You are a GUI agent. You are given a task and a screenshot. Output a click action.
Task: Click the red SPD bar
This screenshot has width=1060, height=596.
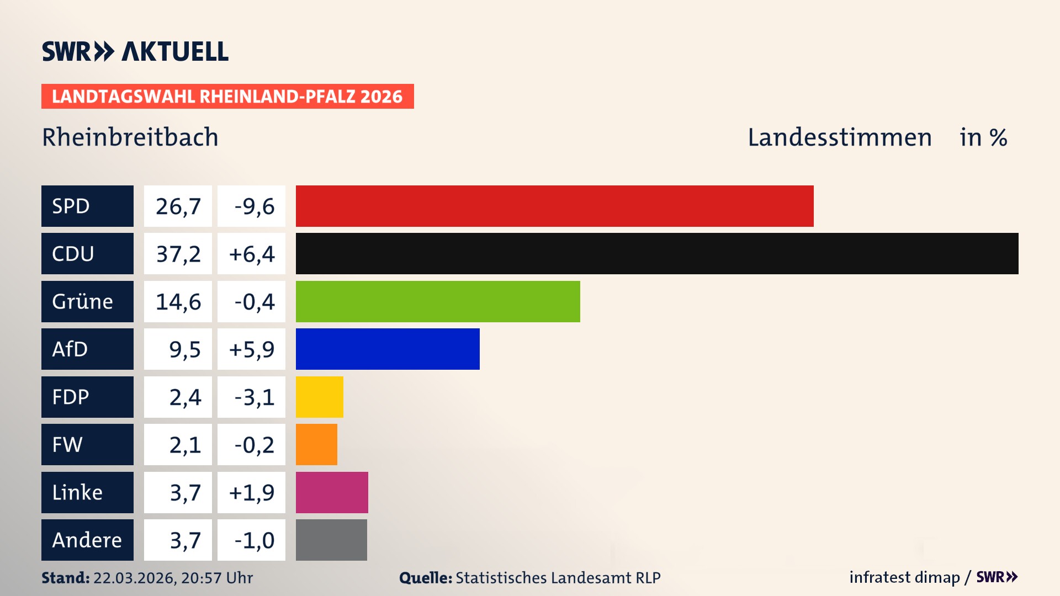pos(554,206)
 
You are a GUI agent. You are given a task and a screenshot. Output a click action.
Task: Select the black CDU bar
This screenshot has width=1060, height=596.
pos(657,253)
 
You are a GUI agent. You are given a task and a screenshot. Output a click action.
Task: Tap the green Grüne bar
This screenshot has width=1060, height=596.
pos(438,301)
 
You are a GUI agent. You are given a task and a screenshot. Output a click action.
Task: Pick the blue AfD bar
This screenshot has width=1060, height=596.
pos(388,349)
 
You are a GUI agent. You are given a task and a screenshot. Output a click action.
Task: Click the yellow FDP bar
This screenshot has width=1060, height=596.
pos(319,397)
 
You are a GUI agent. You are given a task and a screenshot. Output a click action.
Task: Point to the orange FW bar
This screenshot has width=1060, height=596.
pos(316,444)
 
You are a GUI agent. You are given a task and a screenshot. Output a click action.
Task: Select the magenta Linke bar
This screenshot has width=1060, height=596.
pos(332,492)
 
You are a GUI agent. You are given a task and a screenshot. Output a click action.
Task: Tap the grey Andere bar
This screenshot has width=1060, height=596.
pos(331,540)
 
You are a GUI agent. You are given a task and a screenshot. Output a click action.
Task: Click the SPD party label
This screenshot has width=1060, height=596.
pos(87,206)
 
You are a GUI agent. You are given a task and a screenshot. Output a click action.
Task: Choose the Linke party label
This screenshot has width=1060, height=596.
pos(87,492)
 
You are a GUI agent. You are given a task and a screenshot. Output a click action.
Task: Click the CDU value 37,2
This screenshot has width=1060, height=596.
pos(178,254)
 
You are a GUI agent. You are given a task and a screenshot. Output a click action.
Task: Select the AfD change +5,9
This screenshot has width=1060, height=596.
pos(251,349)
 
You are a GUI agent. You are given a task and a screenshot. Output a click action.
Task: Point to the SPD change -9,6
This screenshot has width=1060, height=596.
pos(251,206)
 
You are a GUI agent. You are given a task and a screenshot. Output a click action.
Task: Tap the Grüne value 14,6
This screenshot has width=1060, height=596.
pos(178,302)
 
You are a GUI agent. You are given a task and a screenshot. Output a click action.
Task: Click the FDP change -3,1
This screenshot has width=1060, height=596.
pos(251,397)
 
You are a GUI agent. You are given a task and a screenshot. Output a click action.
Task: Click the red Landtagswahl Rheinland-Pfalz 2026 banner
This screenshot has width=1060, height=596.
pos(227,96)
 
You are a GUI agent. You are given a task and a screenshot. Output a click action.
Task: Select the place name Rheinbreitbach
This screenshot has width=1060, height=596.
pos(130,137)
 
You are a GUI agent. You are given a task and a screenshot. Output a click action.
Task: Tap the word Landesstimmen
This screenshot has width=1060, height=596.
pos(839,137)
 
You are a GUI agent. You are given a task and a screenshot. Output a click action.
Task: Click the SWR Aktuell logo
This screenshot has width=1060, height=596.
pos(135,51)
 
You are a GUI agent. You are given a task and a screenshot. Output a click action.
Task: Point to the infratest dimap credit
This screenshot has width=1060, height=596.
pos(904,577)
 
